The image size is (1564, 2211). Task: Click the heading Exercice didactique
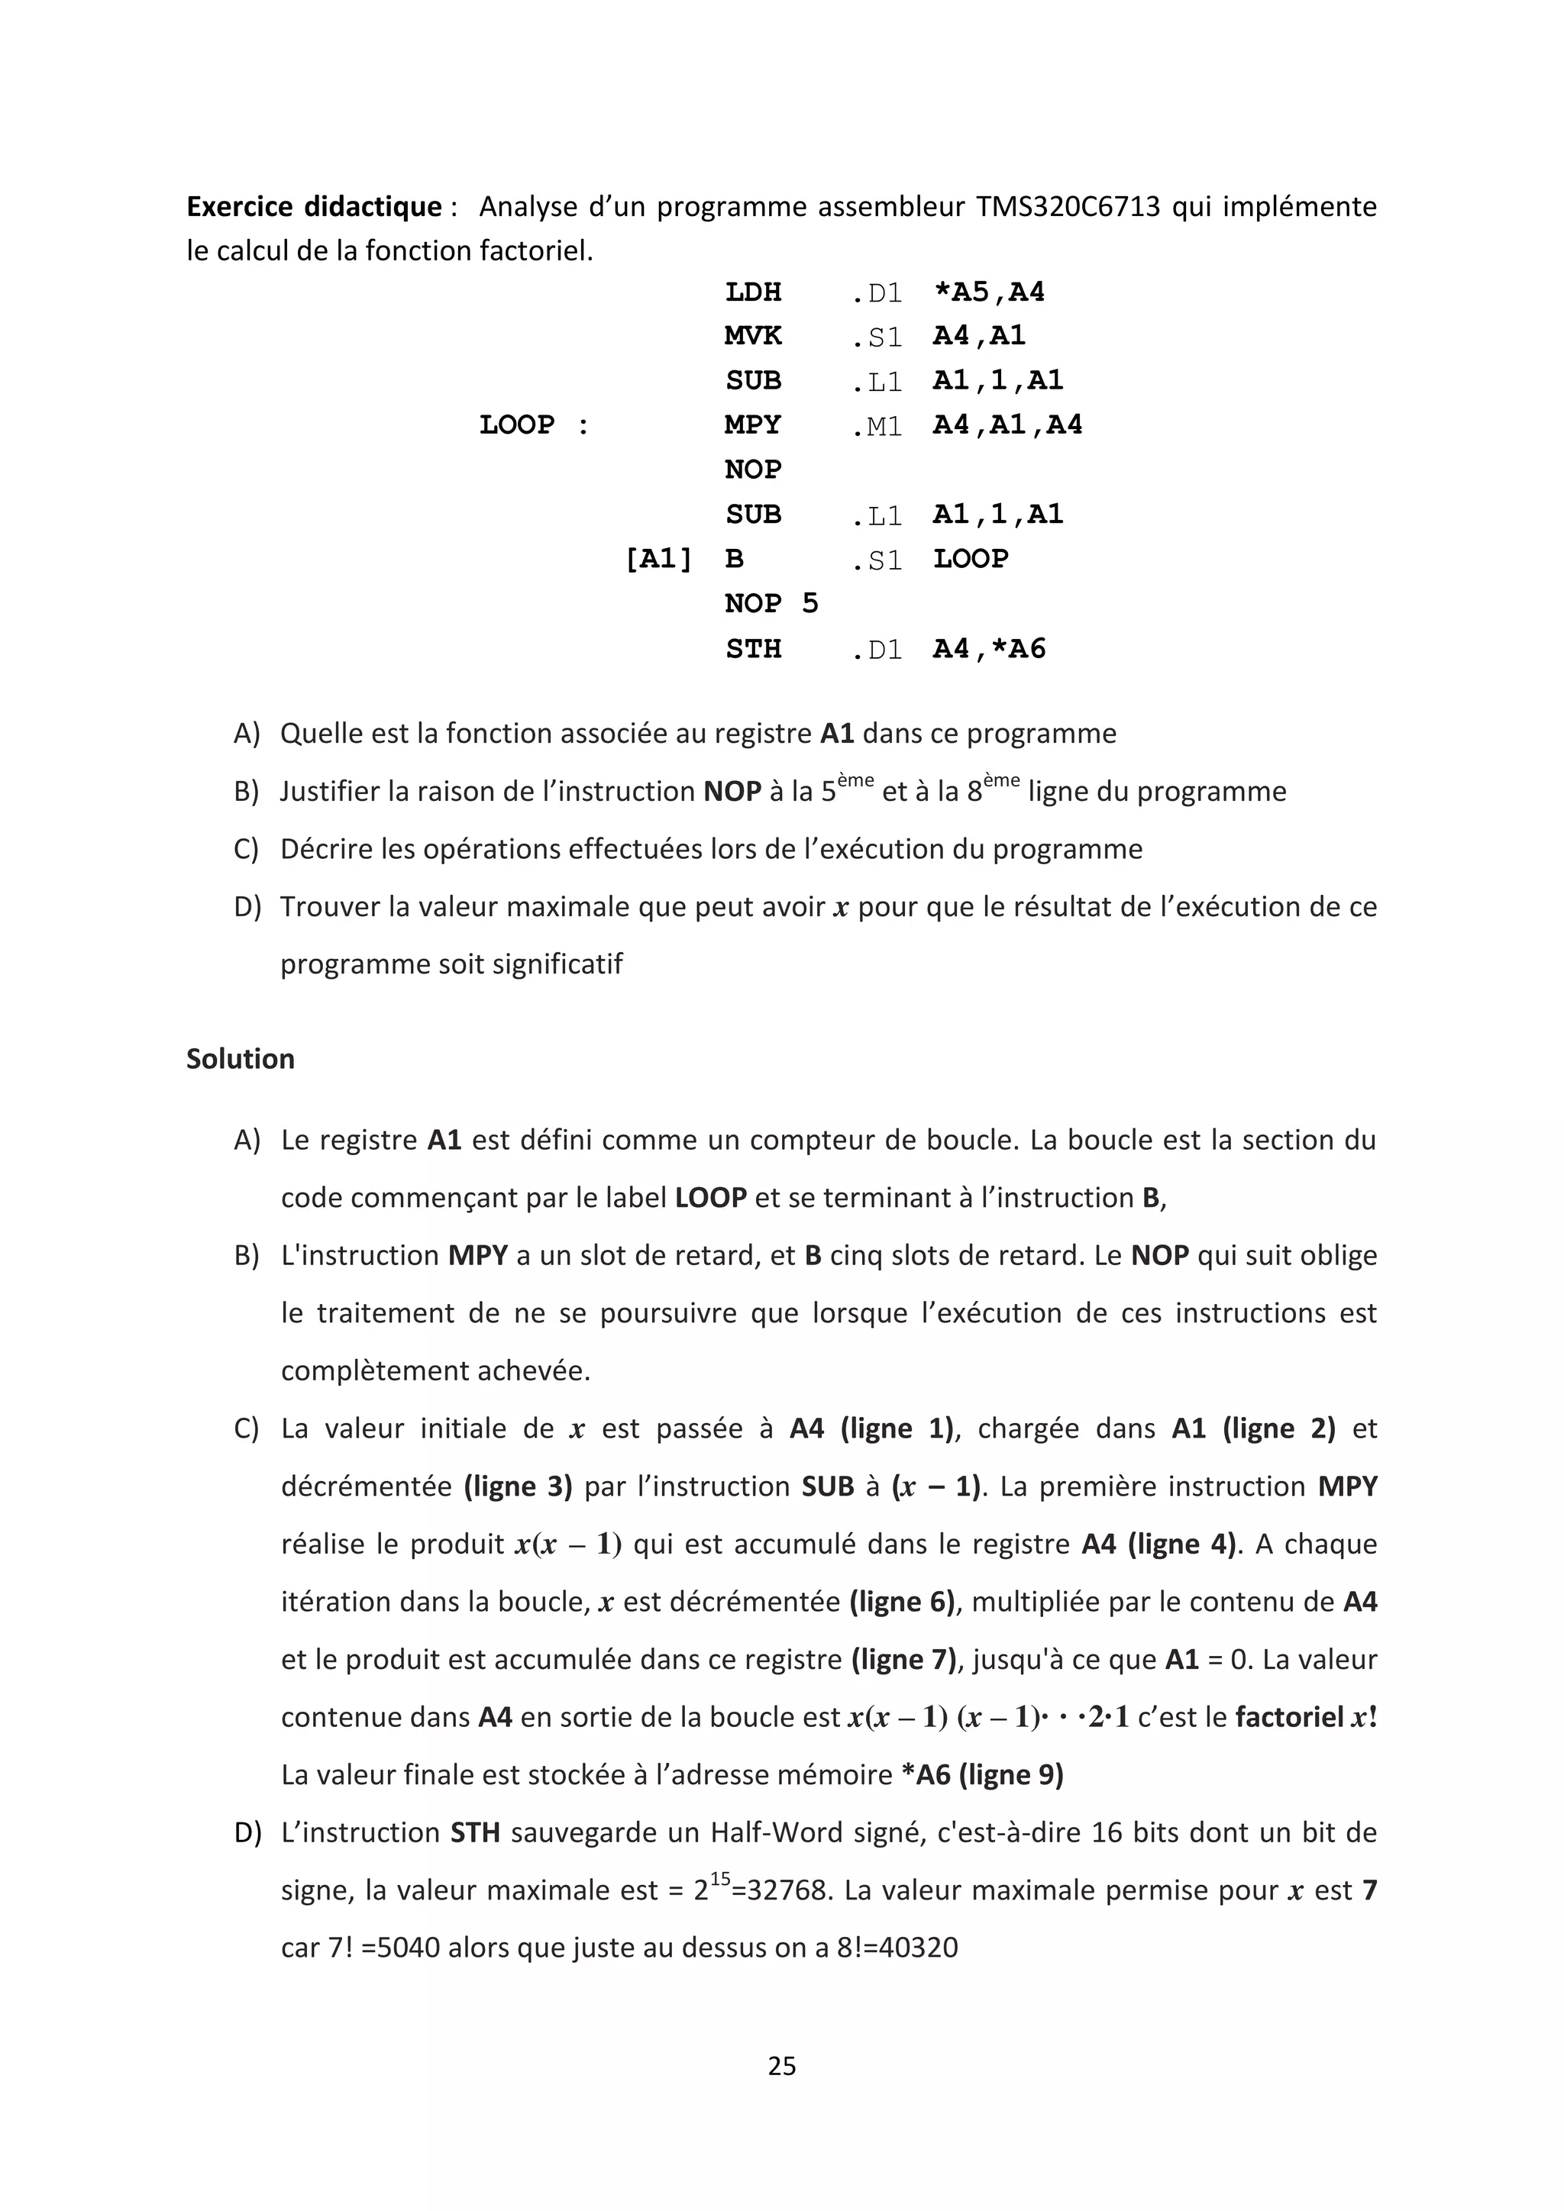[313, 206]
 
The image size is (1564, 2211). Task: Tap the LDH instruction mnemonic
[752, 292]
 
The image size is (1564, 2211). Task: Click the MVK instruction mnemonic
[752, 336]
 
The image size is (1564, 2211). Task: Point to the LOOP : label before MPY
[534, 424]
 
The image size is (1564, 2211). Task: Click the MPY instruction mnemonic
[752, 424]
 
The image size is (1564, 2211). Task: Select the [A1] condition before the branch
[659, 559]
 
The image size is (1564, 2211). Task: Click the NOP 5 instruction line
[771, 603]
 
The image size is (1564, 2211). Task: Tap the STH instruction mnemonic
[752, 648]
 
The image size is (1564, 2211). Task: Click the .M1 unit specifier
[877, 426]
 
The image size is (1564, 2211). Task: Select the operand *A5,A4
[988, 292]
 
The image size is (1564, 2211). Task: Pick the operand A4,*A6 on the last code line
[988, 648]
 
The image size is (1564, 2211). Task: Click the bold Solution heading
[240, 1058]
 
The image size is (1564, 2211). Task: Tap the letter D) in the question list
[247, 906]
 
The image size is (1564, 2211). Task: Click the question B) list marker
[247, 792]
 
